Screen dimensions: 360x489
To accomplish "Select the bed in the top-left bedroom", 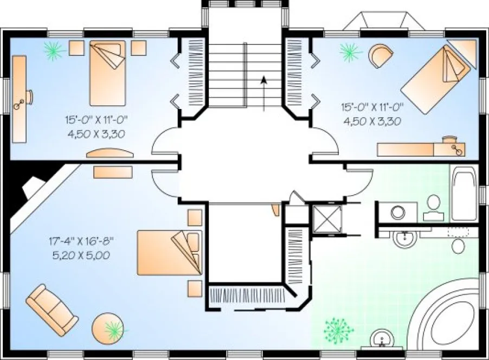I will coord(107,73).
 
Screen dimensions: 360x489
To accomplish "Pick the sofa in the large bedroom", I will coord(52,307).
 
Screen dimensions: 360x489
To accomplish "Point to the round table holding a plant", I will coord(109,327).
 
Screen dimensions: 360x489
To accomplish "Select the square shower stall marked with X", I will coord(327,220).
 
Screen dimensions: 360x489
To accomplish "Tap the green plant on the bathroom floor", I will coord(338,327).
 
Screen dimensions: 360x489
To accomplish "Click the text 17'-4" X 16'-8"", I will coord(81,239).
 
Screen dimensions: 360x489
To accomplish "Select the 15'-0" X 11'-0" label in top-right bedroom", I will coord(371,107).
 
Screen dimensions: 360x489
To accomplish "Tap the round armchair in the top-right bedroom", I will coord(381,55).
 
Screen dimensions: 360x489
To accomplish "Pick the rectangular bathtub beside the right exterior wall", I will coord(464,193).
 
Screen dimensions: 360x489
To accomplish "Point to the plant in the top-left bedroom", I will coord(54,51).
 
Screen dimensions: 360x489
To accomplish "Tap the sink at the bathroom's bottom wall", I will coord(383,339).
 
